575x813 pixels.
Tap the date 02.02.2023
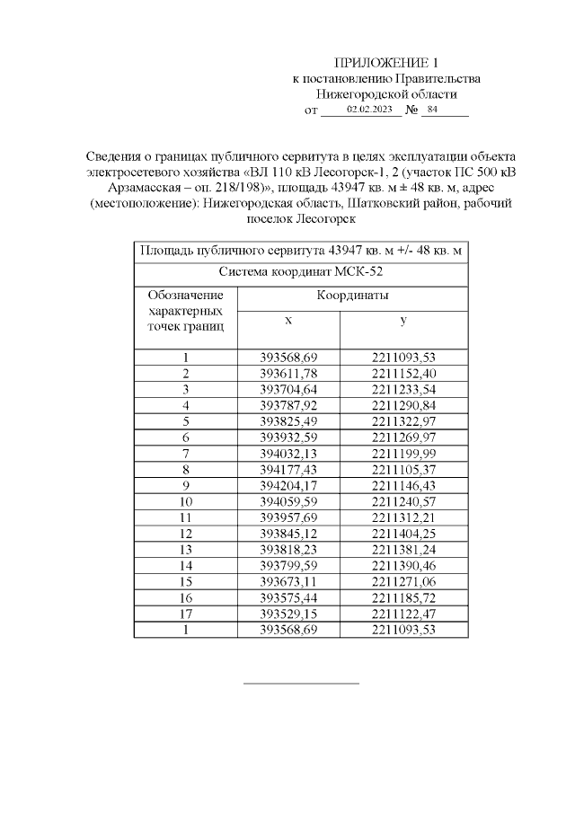[x=369, y=110]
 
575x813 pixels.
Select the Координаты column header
[x=352, y=296]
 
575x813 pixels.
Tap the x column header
[x=288, y=321]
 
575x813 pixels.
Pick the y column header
[x=403, y=321]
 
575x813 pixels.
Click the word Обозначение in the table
[x=185, y=296]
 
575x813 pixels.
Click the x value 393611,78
[x=288, y=373]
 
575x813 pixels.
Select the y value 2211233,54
[x=403, y=389]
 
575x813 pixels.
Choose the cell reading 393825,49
[x=288, y=421]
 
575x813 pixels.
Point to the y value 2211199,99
[x=403, y=453]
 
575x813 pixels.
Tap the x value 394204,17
[x=288, y=485]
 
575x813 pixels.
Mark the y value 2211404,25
[x=403, y=533]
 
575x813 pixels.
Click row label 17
[x=186, y=614]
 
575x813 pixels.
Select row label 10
[x=186, y=501]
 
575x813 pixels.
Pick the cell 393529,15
[x=288, y=614]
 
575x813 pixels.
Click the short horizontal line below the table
[x=301, y=684]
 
